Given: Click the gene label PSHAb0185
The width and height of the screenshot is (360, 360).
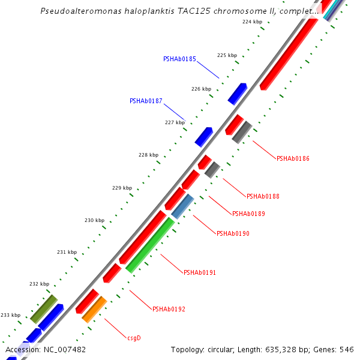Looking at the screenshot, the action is (x=179, y=59).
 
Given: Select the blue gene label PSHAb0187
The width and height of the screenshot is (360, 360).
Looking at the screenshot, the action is (x=146, y=101).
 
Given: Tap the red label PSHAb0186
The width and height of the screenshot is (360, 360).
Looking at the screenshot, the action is (x=293, y=158).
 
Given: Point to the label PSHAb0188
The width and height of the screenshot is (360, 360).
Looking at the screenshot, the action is (x=263, y=196).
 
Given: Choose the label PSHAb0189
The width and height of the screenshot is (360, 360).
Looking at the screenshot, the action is (x=248, y=214).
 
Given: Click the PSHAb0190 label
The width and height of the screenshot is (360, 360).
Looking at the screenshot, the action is (x=233, y=233).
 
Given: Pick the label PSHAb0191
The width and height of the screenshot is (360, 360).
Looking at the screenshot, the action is (x=200, y=272).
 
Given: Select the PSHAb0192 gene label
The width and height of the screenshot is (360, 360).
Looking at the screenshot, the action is (x=169, y=310).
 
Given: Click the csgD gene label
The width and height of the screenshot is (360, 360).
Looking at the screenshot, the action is (x=134, y=338).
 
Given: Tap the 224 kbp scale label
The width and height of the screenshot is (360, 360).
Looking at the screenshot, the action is (x=252, y=22).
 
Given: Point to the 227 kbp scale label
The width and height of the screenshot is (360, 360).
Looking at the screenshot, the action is (x=175, y=122).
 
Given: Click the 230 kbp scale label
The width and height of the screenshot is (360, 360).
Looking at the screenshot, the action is (x=94, y=220).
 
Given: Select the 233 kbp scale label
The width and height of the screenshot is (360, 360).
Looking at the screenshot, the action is (x=10, y=315).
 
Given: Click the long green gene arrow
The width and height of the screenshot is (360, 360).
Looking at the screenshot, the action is (x=150, y=245).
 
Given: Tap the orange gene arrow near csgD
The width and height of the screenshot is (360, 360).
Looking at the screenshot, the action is (x=94, y=309).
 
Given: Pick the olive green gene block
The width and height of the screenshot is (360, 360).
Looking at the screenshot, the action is (x=44, y=308).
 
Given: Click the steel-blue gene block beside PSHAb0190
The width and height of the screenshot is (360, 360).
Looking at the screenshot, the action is (x=182, y=206).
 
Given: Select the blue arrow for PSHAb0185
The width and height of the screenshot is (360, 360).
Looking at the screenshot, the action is (x=238, y=94).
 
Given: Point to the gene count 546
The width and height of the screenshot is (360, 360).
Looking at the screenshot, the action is (x=347, y=349).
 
